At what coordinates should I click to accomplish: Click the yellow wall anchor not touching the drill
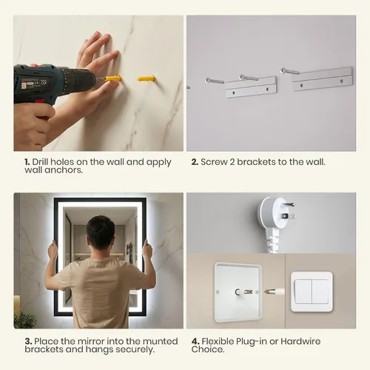[x=147, y=78]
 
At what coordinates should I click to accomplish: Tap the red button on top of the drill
[x=35, y=65]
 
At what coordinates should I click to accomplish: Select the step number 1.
[x=27, y=162]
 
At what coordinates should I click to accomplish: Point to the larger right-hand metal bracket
[x=323, y=79]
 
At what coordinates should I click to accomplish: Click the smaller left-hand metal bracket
[x=251, y=87]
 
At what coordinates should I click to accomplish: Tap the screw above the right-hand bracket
[x=289, y=71]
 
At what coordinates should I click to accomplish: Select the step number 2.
[x=195, y=162]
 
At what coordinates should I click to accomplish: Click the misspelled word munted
[x=161, y=341]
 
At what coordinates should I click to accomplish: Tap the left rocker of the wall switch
[x=303, y=292]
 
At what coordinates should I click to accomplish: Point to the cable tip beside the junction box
[x=267, y=292]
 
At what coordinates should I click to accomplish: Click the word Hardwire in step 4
[x=300, y=342]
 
